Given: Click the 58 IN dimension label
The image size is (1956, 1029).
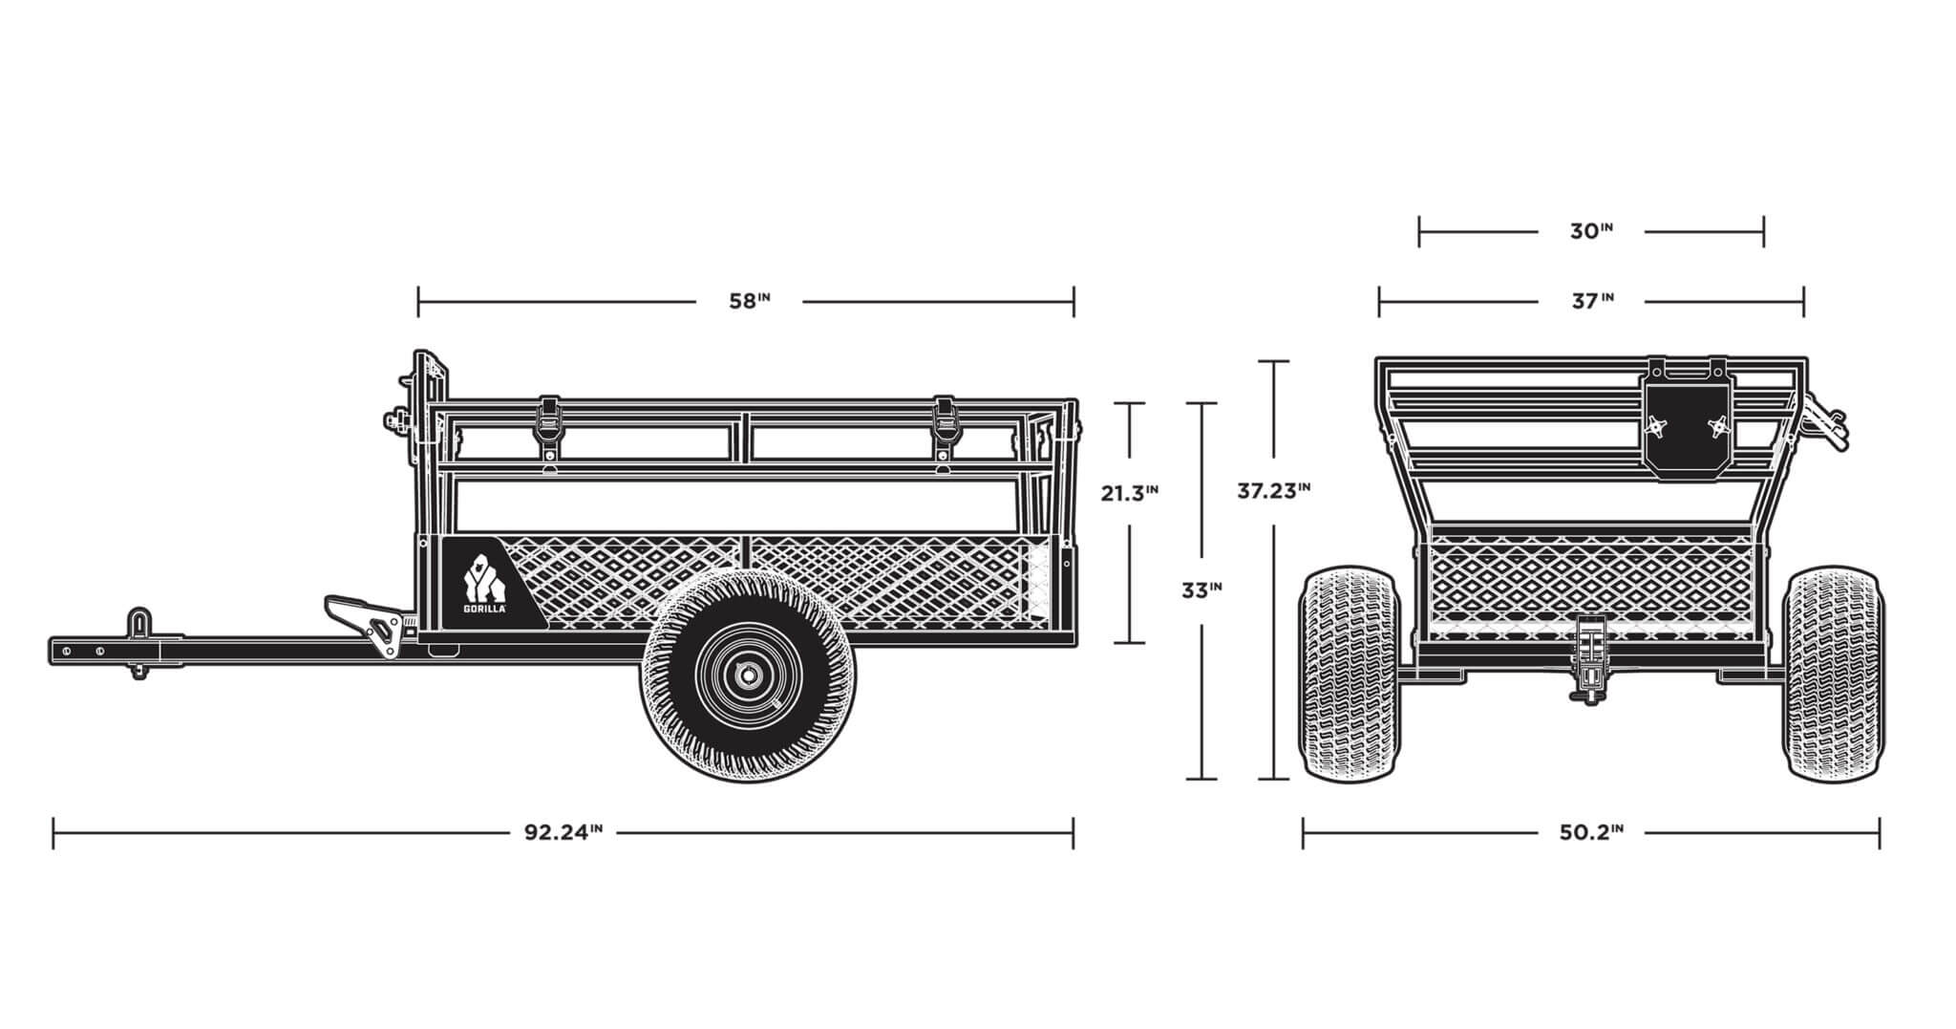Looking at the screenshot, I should (749, 301).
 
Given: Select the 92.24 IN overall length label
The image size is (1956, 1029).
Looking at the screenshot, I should (563, 831).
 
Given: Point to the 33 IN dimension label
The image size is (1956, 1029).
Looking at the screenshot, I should (1201, 590).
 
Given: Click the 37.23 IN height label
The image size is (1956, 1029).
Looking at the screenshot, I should (1273, 491).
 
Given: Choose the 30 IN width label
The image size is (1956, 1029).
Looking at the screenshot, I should (1591, 231).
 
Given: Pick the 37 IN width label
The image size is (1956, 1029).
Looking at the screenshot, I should (1591, 301).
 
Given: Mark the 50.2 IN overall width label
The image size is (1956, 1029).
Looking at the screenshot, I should (1590, 831).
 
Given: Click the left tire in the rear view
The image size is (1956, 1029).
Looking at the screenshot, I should (1347, 672).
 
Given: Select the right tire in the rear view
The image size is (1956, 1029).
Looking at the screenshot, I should (1835, 672).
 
